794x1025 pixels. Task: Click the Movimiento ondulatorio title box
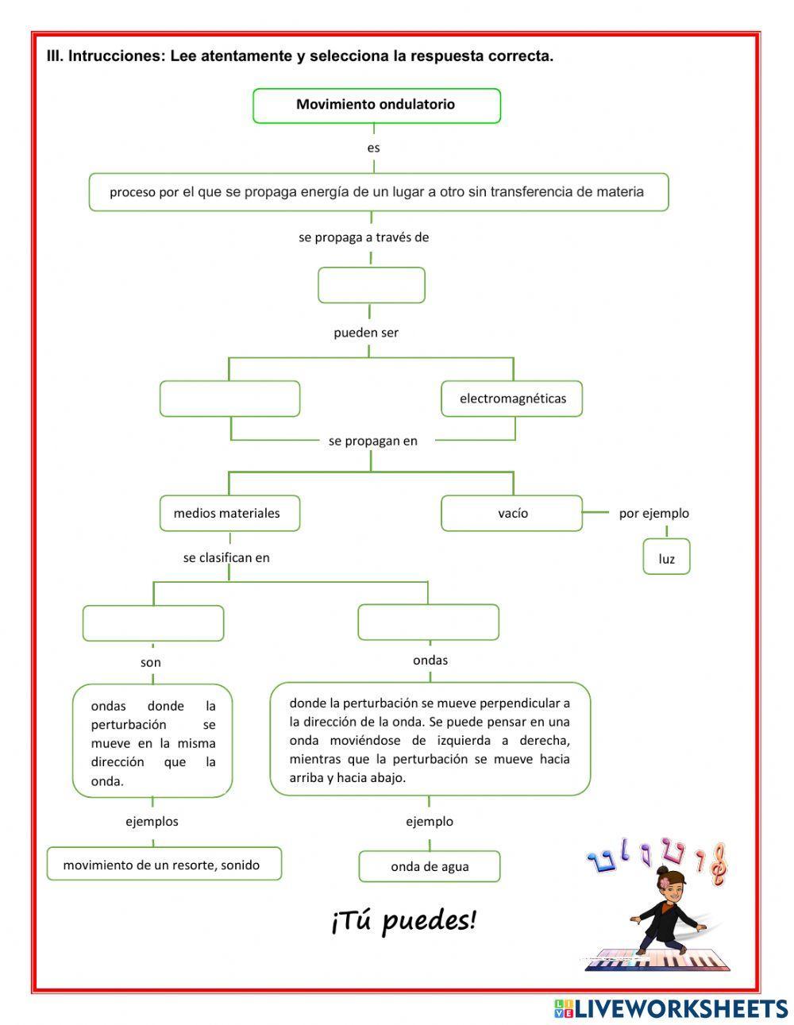click(x=376, y=106)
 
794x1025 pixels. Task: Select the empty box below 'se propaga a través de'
click(x=371, y=285)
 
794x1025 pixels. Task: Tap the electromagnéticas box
click(x=512, y=399)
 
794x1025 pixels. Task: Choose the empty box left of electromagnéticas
click(x=229, y=399)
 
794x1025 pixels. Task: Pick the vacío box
click(x=512, y=513)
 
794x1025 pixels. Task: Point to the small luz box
click(x=666, y=557)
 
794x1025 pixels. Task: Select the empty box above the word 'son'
click(x=153, y=623)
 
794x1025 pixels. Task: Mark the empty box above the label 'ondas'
click(x=428, y=622)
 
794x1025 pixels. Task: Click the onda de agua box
click(x=430, y=866)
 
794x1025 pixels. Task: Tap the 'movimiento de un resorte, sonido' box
click(x=164, y=865)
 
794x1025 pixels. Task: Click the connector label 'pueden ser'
click(x=366, y=333)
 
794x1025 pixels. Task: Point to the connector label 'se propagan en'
click(x=372, y=441)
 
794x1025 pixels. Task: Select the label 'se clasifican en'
click(x=226, y=557)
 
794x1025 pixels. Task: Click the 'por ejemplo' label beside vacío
click(x=653, y=513)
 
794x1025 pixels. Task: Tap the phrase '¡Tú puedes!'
click(x=403, y=921)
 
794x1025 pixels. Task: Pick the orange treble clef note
click(x=717, y=865)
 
